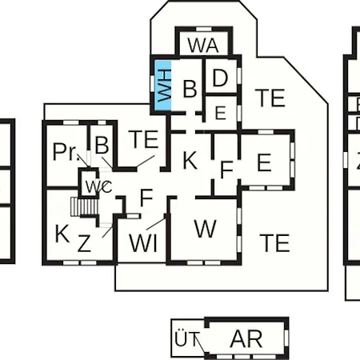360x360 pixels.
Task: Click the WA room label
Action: (203, 46)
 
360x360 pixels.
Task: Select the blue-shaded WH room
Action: (163, 86)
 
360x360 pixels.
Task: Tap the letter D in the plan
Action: (220, 78)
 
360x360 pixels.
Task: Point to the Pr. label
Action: (66, 152)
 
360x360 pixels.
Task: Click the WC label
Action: (98, 186)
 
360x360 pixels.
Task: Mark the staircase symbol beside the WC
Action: (84, 206)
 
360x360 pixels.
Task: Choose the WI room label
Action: (143, 243)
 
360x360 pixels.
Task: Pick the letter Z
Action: (84, 243)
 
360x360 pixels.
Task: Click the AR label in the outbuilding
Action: (246, 338)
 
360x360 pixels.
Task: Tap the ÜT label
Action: (187, 338)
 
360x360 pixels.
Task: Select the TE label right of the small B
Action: (143, 139)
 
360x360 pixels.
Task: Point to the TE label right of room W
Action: (274, 243)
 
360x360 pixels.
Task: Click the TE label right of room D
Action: (270, 98)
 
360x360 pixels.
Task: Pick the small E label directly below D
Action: (220, 113)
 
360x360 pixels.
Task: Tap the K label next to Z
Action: (62, 234)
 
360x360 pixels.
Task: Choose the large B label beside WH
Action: (190, 89)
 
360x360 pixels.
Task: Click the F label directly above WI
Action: (146, 198)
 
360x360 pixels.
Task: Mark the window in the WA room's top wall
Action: (204, 29)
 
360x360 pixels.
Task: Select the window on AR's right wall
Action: (286, 338)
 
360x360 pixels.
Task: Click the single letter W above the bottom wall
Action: (205, 229)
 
